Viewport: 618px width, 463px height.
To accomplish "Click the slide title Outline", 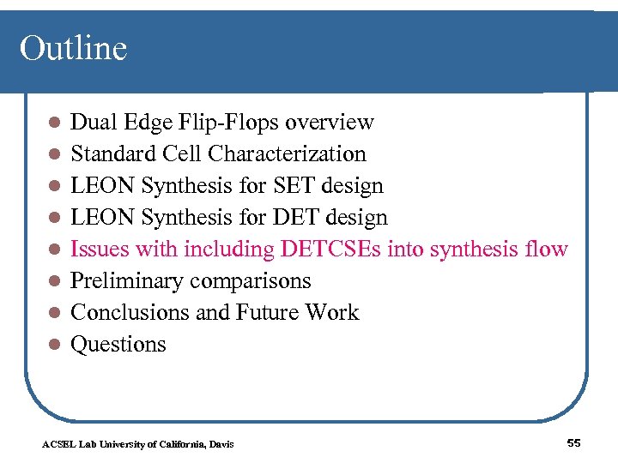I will (73, 48).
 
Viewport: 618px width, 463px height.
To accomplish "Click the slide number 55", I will (574, 442).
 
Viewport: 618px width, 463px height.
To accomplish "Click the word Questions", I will (118, 345).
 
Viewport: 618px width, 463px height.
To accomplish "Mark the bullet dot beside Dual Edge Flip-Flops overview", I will (53, 123).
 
